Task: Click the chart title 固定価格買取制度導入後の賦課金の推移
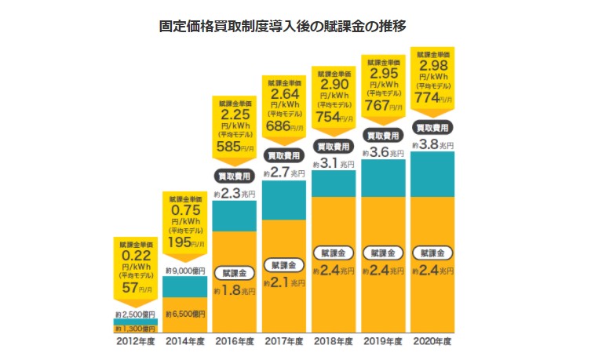pos(294,25)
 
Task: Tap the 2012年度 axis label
pos(137,342)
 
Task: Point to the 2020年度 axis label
pos(432,342)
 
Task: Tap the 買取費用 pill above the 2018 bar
pos(334,147)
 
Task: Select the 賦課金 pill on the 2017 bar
pos(284,264)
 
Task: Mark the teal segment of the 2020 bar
pos(432,174)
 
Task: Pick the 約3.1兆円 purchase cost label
pos(334,164)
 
